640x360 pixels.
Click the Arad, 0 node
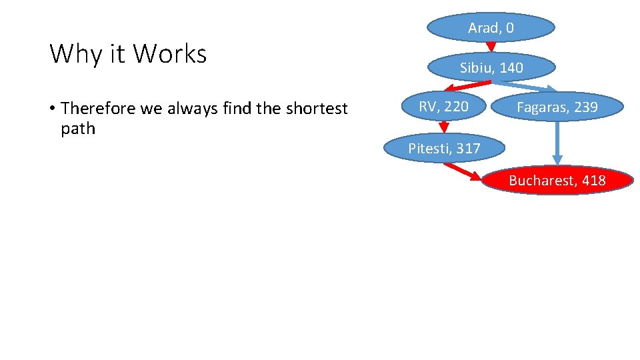pyautogui.click(x=491, y=27)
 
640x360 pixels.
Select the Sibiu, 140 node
pyautogui.click(x=491, y=67)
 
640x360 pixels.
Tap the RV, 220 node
pyautogui.click(x=443, y=107)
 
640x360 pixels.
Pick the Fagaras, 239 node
pyautogui.click(x=557, y=107)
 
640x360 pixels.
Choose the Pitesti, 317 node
pyautogui.click(x=444, y=148)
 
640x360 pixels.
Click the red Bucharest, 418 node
pyautogui.click(x=557, y=180)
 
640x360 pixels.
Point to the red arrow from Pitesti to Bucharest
pyautogui.click(x=462, y=171)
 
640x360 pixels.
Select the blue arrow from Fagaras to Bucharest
pyautogui.click(x=557, y=142)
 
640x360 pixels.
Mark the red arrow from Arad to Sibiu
pyautogui.click(x=491, y=47)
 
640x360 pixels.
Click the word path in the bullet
pyautogui.click(x=78, y=129)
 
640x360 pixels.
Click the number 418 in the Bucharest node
pyautogui.click(x=593, y=180)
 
